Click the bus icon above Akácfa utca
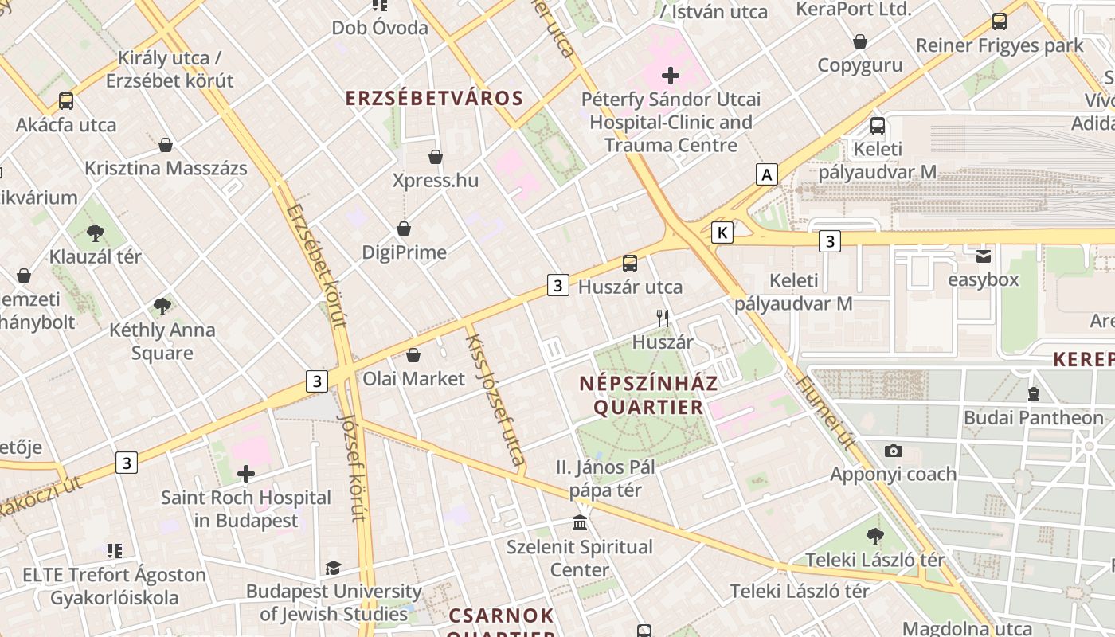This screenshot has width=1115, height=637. point(66,101)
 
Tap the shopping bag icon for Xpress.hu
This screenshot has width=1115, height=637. point(435,157)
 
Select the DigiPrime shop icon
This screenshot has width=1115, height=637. point(404,229)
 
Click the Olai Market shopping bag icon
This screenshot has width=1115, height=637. point(413,355)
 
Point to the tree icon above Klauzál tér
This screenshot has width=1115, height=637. point(96,233)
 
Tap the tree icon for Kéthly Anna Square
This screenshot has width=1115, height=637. point(162,306)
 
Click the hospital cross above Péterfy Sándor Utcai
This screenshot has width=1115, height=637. point(671,76)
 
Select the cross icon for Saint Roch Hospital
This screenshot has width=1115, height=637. point(246,474)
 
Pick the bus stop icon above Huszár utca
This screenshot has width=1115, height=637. point(630,263)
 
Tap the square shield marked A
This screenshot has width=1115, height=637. point(766,174)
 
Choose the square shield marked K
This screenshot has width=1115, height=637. point(722,233)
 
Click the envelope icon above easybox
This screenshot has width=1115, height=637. point(984,256)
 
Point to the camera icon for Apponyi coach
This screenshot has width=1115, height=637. point(894,451)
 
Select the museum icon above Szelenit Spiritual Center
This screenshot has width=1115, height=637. point(581,523)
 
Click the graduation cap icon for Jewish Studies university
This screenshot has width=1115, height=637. point(333,568)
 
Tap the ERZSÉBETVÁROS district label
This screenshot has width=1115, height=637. point(434,99)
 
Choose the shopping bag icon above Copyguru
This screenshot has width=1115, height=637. point(860,41)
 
